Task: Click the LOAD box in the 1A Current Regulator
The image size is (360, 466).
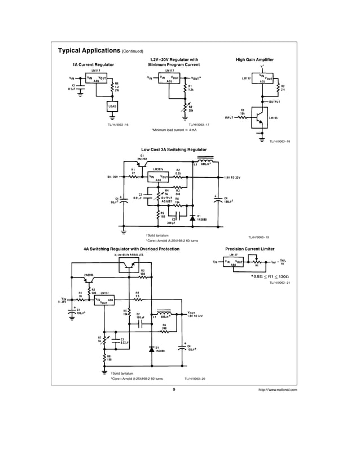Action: click(112, 107)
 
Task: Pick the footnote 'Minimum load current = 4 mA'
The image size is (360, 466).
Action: click(174, 130)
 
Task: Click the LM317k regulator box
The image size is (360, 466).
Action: click(160, 177)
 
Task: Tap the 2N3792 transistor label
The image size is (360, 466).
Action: click(142, 159)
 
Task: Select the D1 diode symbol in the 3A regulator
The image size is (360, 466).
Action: click(192, 217)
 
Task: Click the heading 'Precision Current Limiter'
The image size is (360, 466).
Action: click(249, 248)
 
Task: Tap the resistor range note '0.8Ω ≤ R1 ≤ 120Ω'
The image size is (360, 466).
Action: click(270, 276)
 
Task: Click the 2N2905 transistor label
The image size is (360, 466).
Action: click(89, 275)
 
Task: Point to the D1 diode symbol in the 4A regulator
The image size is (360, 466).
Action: click(151, 349)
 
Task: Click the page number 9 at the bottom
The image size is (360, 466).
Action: click(174, 389)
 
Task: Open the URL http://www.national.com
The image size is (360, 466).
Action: click(277, 389)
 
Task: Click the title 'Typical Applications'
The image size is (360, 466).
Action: click(89, 50)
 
